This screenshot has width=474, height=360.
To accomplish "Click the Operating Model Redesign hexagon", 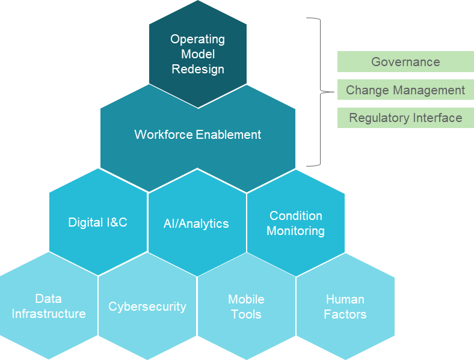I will click(x=197, y=54).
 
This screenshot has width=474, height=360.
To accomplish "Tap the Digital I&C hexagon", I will click(x=98, y=222).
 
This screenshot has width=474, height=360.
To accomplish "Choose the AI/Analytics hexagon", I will click(x=197, y=224).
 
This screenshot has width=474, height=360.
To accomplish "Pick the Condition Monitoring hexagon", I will click(x=295, y=223).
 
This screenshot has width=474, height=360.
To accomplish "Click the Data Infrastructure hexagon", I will click(x=49, y=307).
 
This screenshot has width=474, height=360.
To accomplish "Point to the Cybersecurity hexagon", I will click(x=147, y=307).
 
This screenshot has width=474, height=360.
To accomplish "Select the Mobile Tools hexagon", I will click(x=246, y=307).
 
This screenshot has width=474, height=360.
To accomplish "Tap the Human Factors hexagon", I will click(x=345, y=307).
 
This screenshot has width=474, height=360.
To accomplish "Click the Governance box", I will click(x=405, y=62).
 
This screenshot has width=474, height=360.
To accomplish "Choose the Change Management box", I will click(x=405, y=90).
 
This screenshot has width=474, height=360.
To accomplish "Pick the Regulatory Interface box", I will click(x=405, y=118).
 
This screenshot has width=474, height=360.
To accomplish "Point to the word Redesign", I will click(x=198, y=69).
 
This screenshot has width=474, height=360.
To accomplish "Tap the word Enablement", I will click(x=230, y=135).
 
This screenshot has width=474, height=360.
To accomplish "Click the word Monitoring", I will click(x=295, y=231).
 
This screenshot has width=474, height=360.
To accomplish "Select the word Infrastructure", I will click(x=49, y=314).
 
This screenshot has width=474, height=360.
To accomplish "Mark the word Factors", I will click(x=345, y=314).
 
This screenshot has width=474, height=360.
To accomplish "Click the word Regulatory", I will click(x=374, y=118).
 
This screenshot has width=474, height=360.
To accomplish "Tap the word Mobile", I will click(x=246, y=299).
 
